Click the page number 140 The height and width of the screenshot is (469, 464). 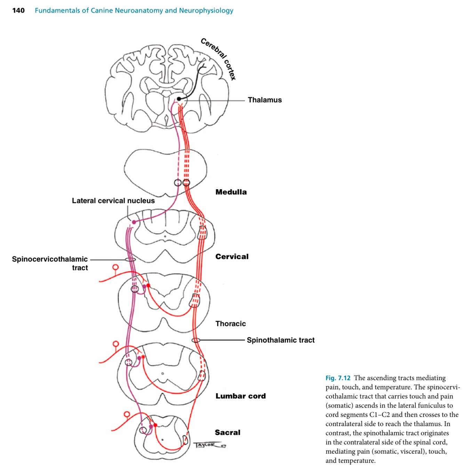18,10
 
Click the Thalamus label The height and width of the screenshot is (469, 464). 265,100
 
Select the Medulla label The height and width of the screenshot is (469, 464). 231,192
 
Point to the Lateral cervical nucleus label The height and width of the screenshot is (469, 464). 113,201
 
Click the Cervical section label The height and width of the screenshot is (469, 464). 232,257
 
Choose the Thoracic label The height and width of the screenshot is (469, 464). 231,323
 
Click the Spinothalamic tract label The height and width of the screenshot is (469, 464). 280,340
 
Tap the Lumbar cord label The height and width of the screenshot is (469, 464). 240,396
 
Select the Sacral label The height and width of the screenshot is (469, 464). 227,432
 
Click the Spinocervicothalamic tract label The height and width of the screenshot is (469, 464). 50,263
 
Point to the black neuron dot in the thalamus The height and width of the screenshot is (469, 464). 179,99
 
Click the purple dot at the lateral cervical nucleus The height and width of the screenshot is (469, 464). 134,222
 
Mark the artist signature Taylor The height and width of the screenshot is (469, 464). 209,445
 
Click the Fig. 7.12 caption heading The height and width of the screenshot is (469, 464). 338,378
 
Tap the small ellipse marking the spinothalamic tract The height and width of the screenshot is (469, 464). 196,340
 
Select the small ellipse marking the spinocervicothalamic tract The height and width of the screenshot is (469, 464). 130,260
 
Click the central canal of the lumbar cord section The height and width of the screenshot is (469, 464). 162,374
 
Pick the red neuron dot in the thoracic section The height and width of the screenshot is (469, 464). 149,286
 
